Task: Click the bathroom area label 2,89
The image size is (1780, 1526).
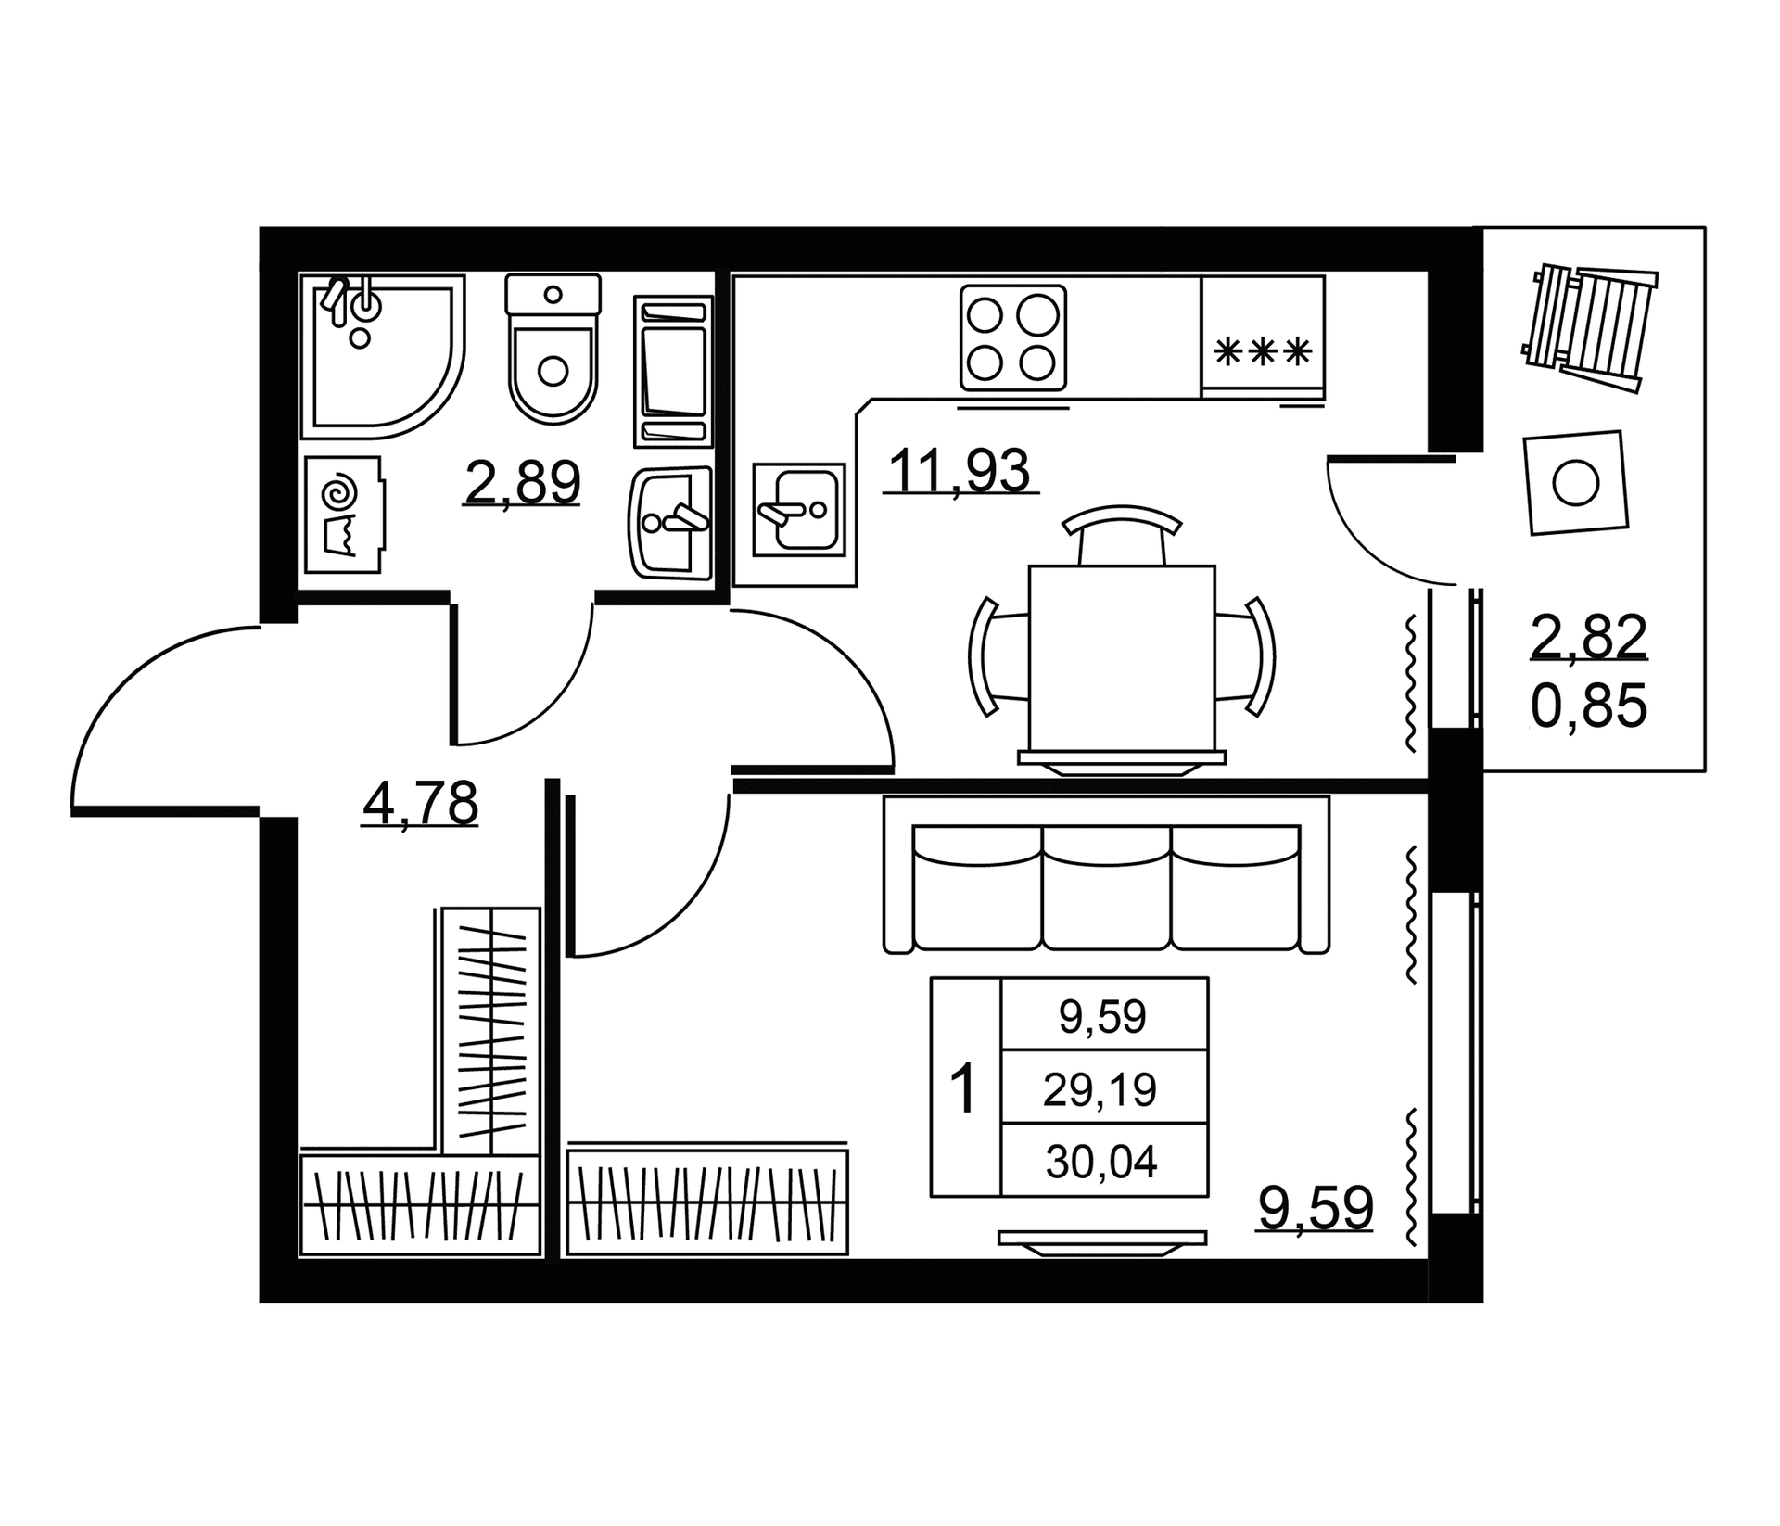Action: coord(523,482)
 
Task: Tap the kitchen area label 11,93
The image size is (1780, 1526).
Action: coord(960,470)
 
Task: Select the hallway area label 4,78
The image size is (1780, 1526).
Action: coord(421,803)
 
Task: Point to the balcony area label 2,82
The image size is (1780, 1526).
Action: coord(1589,637)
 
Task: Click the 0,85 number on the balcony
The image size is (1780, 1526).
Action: coord(1589,706)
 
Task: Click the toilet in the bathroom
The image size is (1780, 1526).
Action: coord(553,349)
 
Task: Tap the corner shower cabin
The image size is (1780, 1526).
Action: coord(382,357)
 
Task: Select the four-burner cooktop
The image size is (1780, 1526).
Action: coord(1013,337)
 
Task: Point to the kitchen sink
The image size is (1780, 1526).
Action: coord(799,510)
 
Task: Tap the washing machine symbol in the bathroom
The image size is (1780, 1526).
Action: coord(343,515)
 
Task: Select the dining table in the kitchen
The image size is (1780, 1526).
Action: coord(1122,658)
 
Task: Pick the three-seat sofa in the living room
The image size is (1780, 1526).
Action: coord(1107,874)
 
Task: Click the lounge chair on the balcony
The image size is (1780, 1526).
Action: coord(1589,327)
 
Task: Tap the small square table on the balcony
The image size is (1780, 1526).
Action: coord(1576,483)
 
